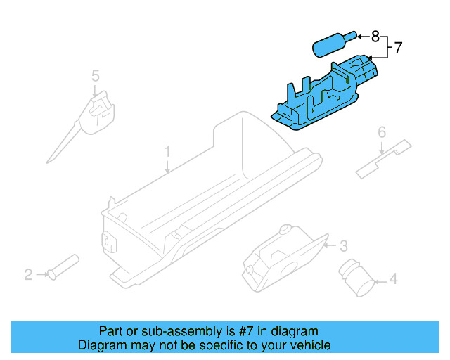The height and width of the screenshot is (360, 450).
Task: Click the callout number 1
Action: (167, 151)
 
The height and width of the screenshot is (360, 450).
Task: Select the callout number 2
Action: (28, 274)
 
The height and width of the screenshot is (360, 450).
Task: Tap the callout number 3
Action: (343, 246)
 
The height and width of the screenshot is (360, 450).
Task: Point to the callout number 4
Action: (393, 280)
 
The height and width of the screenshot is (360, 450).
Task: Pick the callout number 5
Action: (95, 75)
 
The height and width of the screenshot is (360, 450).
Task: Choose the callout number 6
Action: (382, 131)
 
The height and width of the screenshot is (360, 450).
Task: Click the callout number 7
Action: (398, 49)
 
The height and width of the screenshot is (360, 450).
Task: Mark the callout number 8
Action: (375, 35)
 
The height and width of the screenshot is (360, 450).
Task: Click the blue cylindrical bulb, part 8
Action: (329, 45)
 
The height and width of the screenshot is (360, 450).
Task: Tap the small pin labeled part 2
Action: (63, 267)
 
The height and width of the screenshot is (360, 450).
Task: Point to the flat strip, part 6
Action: (383, 158)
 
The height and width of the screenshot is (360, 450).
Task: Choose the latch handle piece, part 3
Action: (281, 257)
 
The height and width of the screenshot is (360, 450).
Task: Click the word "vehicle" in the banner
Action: (309, 345)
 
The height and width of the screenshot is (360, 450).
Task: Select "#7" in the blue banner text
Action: (245, 331)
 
